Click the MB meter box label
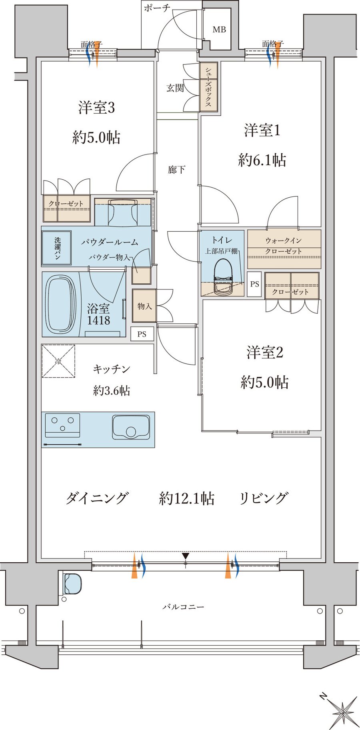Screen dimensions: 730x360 pos(219,30)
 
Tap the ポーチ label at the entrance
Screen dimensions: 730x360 pos(157,8)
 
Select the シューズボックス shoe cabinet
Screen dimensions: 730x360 pos(208,87)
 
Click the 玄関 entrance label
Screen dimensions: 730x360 pos(175,88)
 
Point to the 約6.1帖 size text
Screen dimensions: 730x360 pos(262,160)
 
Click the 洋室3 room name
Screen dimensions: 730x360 pos(96,108)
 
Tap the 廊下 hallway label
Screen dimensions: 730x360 pos(176,170)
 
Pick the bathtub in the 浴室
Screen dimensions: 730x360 pos(61,303)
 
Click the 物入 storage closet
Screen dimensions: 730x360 pos(144,306)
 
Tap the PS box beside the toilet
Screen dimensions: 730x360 pos(254,284)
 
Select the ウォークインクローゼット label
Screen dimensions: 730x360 pos(284,246)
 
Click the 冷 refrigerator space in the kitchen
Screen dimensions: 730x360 pos(58,361)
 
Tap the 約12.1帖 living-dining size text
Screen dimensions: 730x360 pos(187,499)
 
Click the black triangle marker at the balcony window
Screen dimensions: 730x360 pos(185,556)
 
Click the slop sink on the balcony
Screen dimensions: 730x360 pos(72,584)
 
